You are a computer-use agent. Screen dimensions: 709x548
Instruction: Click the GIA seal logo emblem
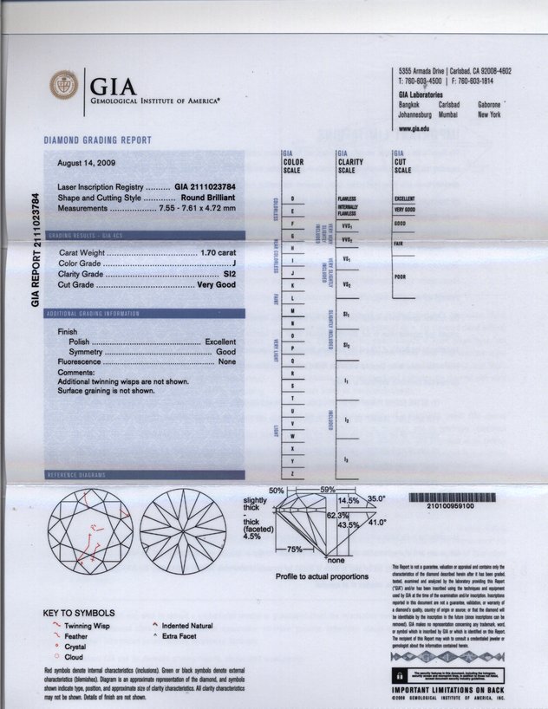[x=62, y=87]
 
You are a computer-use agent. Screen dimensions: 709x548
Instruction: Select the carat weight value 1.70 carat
[x=214, y=252]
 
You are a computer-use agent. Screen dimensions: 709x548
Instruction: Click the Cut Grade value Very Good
[x=214, y=283]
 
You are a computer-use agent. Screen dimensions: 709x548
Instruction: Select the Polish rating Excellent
[x=220, y=342]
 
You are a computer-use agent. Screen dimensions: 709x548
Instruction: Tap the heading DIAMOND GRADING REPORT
[x=98, y=140]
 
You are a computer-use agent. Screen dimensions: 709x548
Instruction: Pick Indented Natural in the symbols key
[x=187, y=625]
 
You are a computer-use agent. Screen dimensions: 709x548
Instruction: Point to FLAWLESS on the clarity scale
[x=346, y=199]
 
